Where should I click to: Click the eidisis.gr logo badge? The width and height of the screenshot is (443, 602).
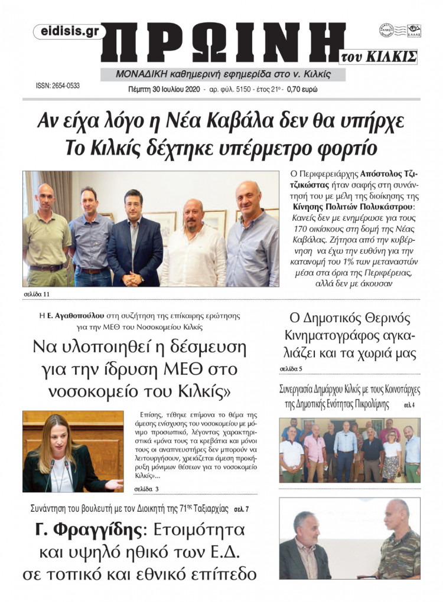click(x=70, y=32)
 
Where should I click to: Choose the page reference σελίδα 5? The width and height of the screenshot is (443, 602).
click(x=291, y=369)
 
